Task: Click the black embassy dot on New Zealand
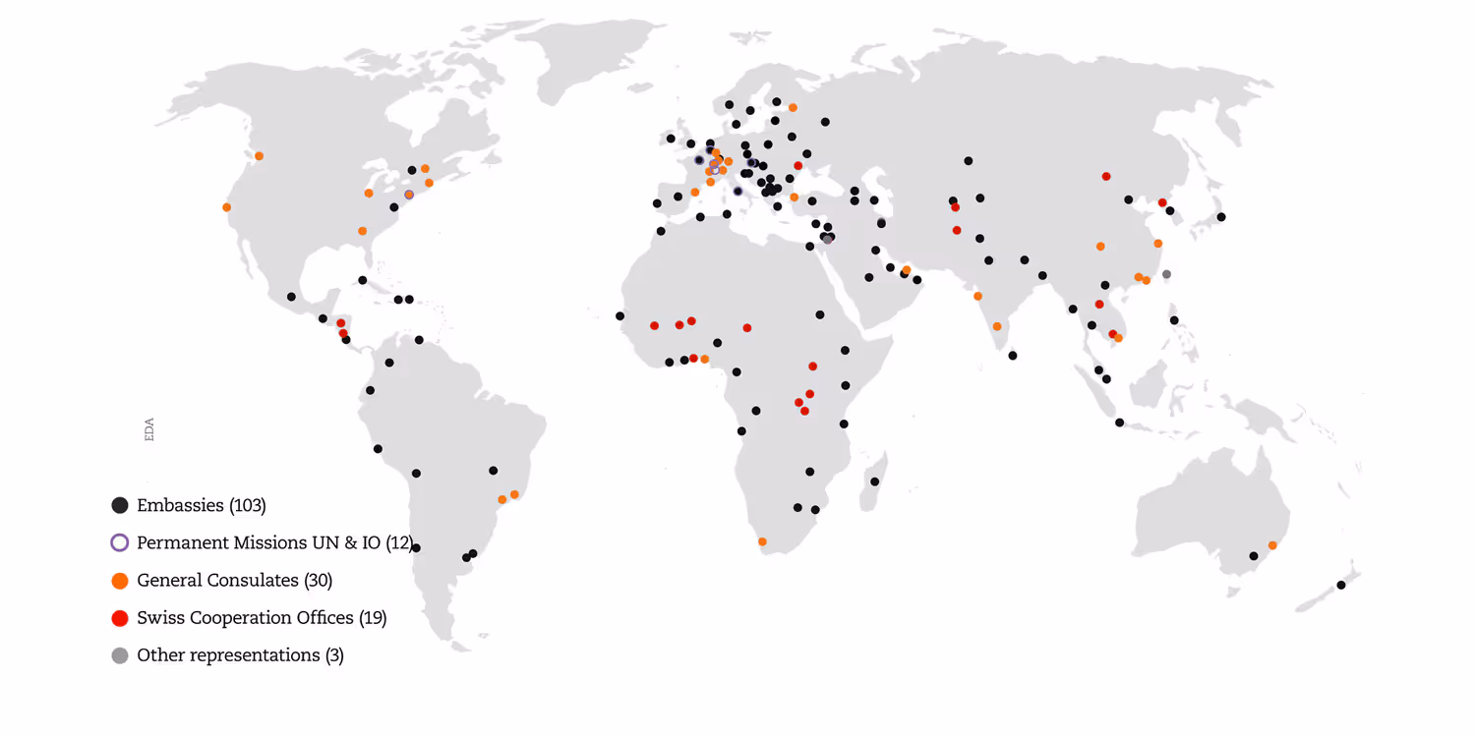1341,585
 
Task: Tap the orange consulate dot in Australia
1272,544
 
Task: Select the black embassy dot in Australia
1254,556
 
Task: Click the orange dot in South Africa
762,541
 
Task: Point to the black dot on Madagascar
874,482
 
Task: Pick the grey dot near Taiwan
1166,274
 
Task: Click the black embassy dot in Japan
1221,217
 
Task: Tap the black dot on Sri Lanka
1013,356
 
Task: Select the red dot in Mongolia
1106,176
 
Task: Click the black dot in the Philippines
1174,320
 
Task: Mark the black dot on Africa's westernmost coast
619,315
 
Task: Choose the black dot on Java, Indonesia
1119,423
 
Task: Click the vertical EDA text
149,429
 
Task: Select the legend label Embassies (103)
202,505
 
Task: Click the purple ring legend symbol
120,542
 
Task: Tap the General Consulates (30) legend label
235,580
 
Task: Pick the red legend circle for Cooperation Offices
120,618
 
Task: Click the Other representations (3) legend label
241,654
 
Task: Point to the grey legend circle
120,655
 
